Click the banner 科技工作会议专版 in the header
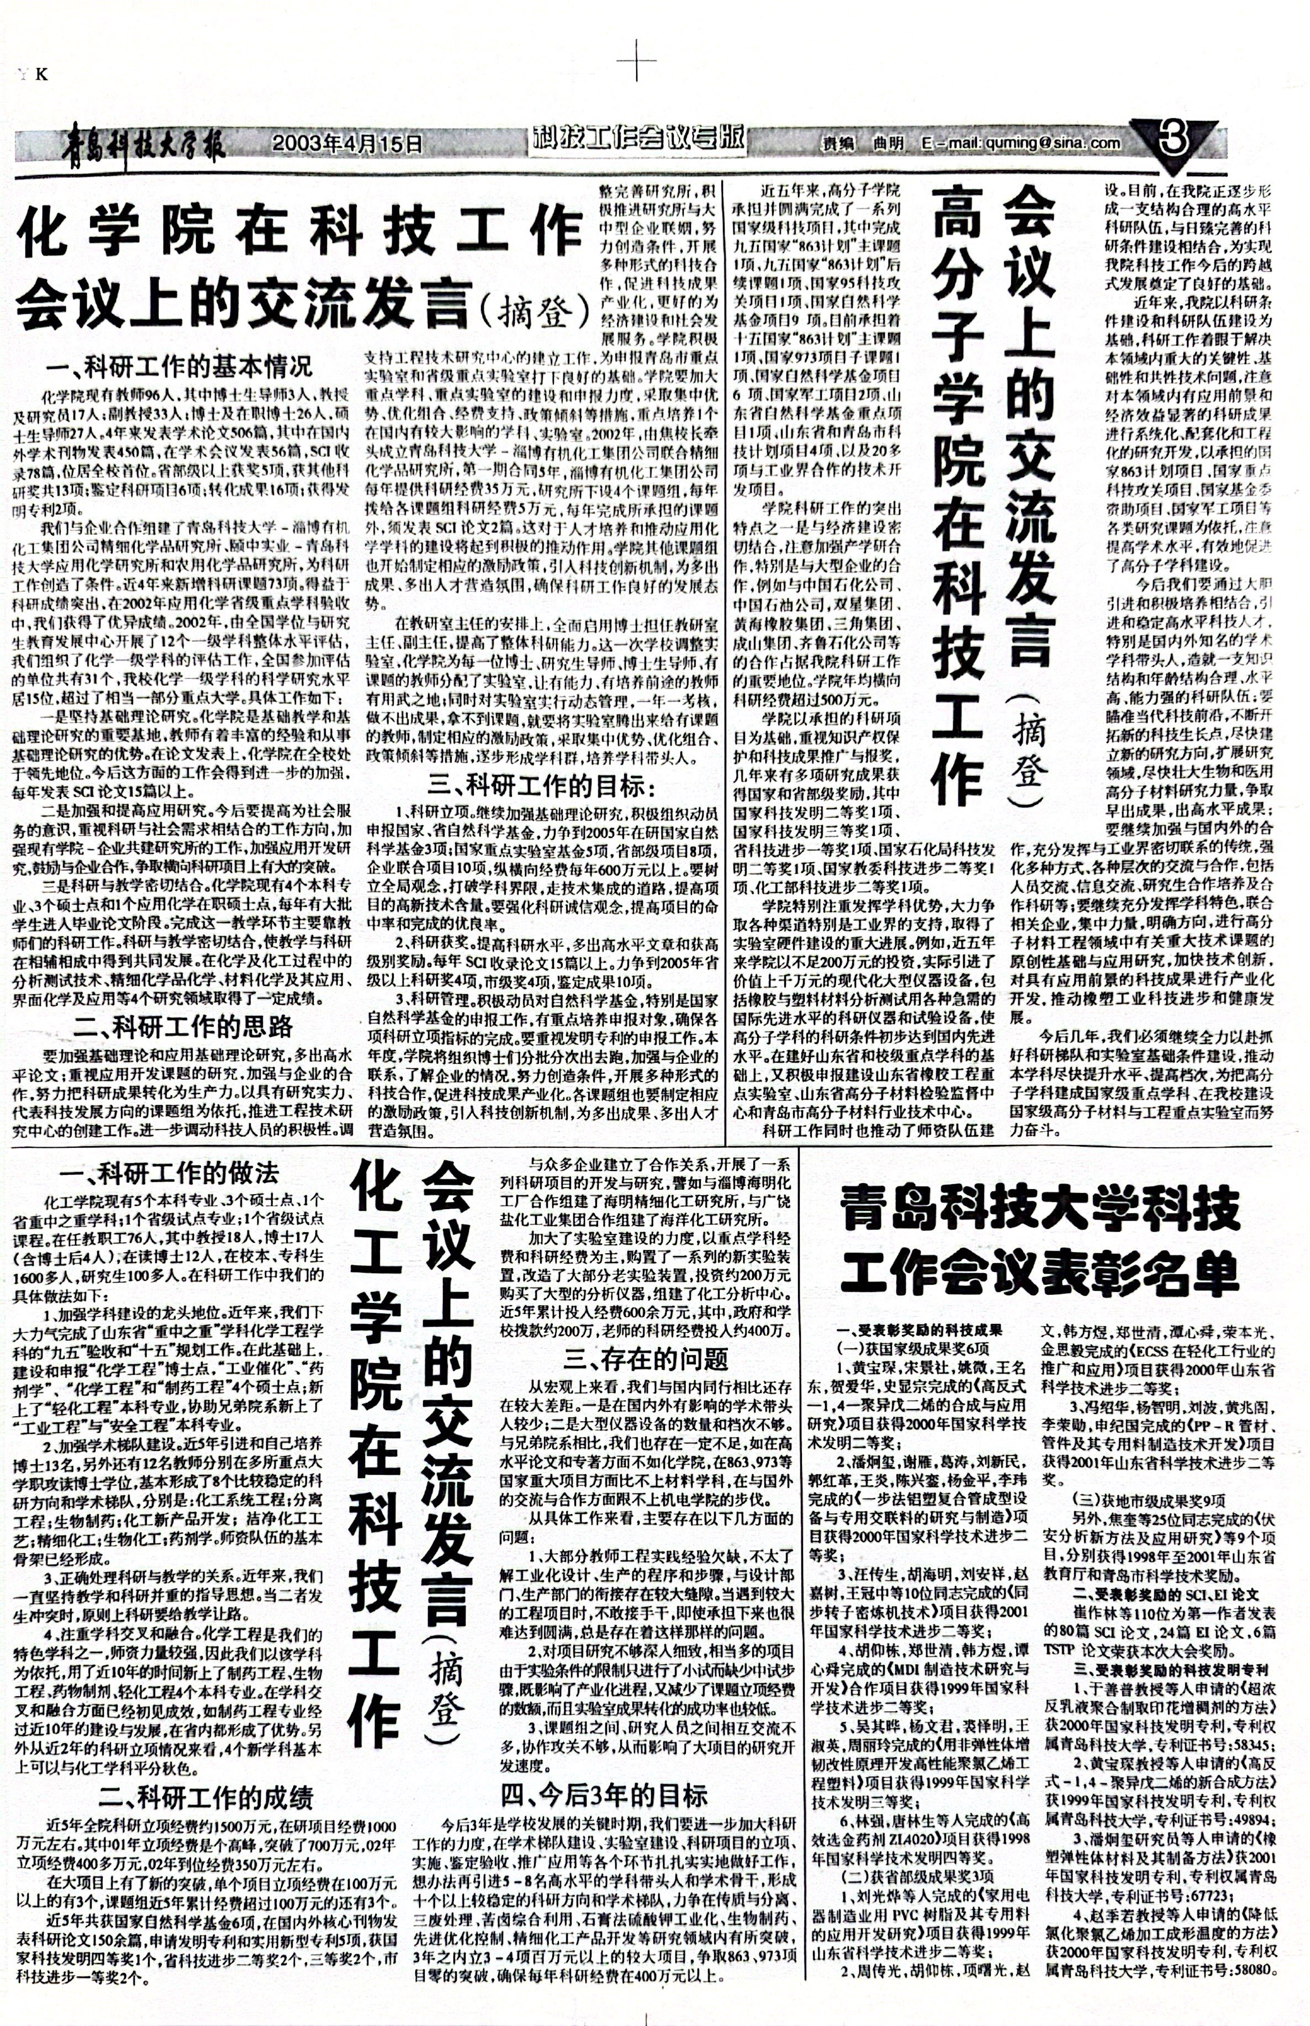coord(639,140)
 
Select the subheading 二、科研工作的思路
coord(182,1027)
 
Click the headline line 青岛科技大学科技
coord(1040,1210)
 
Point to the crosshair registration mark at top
coord(636,63)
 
